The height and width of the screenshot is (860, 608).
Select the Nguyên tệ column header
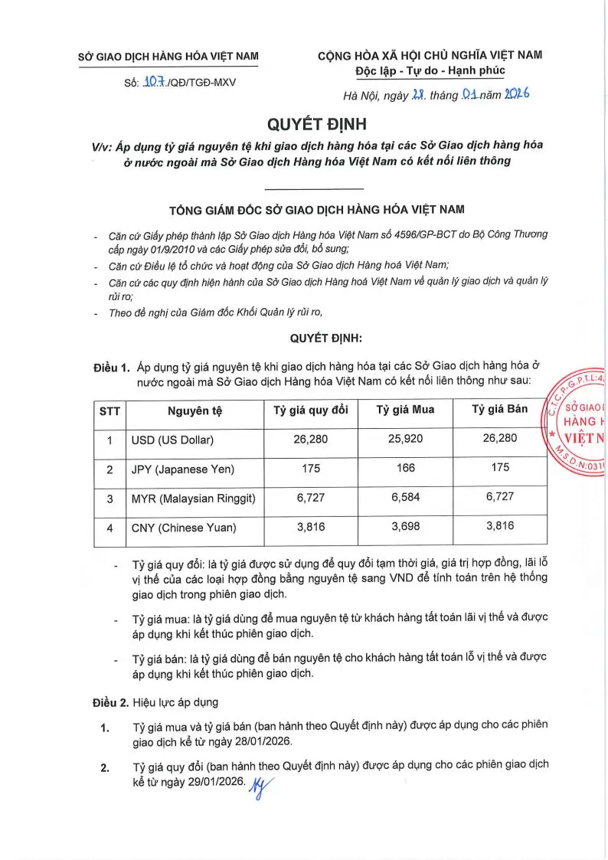194,410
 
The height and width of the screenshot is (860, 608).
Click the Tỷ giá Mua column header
405,410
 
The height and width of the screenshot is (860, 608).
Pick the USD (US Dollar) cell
172,440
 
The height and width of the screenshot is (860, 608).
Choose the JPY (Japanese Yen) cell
183,469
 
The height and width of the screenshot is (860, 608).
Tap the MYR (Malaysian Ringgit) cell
193,498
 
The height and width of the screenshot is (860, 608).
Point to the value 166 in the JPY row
405,468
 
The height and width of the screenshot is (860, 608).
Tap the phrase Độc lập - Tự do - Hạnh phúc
430,71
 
